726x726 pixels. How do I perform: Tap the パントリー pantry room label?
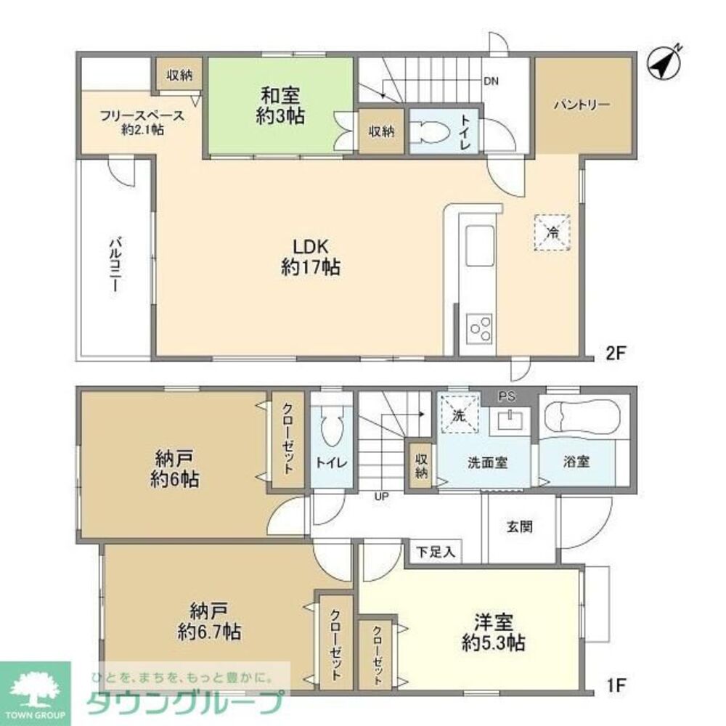click(x=582, y=105)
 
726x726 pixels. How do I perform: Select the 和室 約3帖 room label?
click(x=280, y=105)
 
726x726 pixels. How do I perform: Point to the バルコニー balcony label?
click(x=115, y=265)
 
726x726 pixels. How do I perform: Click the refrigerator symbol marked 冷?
click(x=552, y=232)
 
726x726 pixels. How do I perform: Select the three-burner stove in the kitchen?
click(x=480, y=328)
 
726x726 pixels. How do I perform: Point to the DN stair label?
click(x=492, y=81)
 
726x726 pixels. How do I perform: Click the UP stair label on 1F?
click(x=382, y=497)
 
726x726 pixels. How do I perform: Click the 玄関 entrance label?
click(x=520, y=526)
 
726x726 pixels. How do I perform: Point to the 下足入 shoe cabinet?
click(x=435, y=552)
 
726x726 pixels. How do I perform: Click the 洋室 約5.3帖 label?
click(x=494, y=632)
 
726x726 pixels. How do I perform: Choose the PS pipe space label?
click(x=507, y=397)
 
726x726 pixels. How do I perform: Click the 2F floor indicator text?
click(x=616, y=354)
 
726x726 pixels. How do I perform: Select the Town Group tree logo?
click(x=35, y=690)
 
